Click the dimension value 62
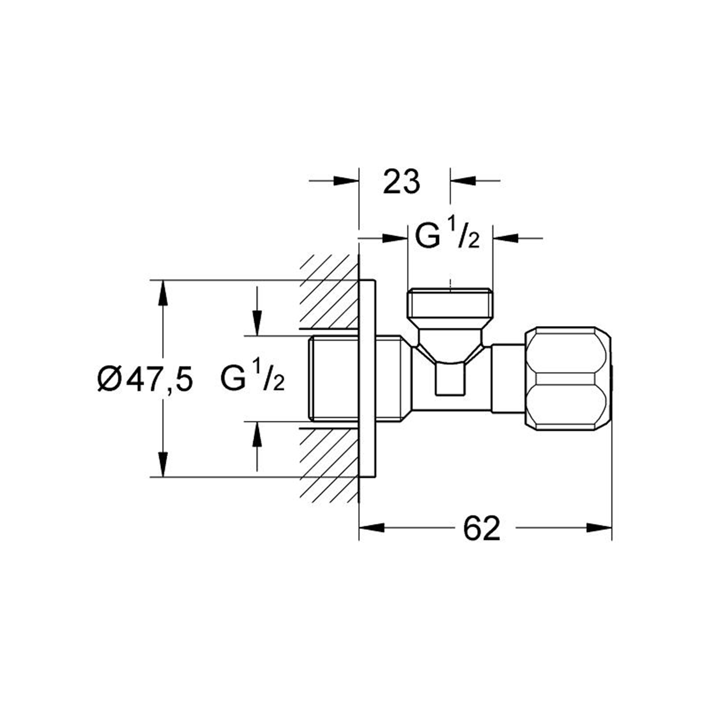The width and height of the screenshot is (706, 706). click(x=481, y=528)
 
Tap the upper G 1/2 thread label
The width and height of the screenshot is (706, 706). click(x=447, y=237)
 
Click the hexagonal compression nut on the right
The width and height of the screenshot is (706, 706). click(x=569, y=378)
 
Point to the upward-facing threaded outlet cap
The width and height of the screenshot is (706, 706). click(x=450, y=304)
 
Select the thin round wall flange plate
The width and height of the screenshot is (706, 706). click(x=368, y=378)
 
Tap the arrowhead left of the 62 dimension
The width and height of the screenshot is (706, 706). click(x=372, y=528)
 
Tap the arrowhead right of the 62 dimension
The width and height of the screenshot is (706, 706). click(x=599, y=528)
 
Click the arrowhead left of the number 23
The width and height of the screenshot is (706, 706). click(x=345, y=181)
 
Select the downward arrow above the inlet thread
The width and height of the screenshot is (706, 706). click(x=257, y=324)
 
